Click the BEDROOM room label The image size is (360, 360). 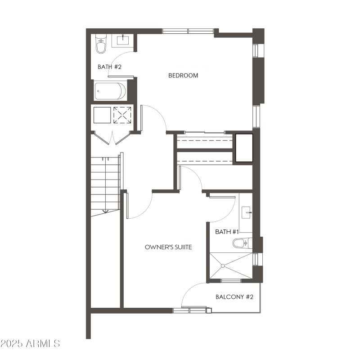pos(183,75)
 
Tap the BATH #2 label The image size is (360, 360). pos(110,67)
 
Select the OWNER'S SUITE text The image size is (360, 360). pos(169,247)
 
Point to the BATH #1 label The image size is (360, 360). pos(227,232)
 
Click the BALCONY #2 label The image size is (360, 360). pos(234,297)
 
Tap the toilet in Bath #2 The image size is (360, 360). pos(101,44)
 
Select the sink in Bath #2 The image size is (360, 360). pos(123,40)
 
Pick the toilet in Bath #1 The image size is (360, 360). pos(240,243)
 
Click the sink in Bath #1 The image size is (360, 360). pos(246,211)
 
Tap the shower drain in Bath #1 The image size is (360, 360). pos(222,265)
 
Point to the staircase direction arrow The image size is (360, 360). pos(105,210)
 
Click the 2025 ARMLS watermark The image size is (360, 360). pos(30,344)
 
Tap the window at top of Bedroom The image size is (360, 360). pos(188,31)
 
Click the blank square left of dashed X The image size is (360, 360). pos(101,115)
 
